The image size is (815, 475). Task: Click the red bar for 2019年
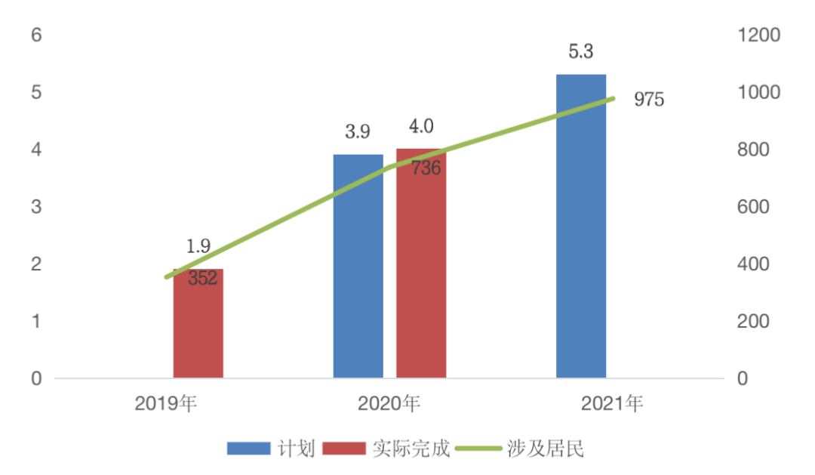198,325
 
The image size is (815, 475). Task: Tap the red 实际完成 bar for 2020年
421,272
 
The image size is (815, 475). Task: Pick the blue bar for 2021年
581,226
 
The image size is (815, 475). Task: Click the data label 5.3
581,52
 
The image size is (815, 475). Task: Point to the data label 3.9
358,131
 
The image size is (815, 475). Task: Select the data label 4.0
421,125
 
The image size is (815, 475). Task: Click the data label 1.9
198,246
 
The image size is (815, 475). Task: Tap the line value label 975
649,100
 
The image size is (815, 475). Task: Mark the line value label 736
426,168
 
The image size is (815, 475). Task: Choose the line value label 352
202,279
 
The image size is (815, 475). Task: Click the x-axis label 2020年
389,404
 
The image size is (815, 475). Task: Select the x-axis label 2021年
612,404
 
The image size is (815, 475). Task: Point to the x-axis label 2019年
166,404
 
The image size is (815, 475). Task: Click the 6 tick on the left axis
36,35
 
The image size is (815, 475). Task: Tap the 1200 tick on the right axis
759,35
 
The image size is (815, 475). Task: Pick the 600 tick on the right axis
754,207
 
